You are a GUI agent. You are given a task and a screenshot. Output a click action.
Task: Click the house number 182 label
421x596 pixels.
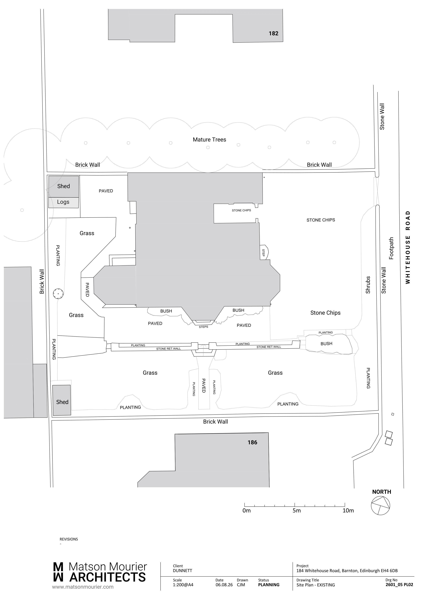click(273, 33)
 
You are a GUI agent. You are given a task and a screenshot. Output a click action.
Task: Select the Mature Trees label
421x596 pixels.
click(209, 140)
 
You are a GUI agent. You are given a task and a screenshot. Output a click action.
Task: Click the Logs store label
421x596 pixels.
click(63, 202)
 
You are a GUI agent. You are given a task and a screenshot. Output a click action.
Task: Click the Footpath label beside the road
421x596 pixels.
click(391, 248)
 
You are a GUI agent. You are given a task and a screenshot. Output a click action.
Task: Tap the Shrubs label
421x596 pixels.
click(368, 285)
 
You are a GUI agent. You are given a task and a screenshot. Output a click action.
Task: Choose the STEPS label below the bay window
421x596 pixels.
click(203, 327)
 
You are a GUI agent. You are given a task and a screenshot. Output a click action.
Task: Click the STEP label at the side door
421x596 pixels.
click(263, 253)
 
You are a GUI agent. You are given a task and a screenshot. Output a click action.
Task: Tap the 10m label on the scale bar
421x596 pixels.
click(348, 511)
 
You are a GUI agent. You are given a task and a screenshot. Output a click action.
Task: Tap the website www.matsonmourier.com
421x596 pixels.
click(83, 587)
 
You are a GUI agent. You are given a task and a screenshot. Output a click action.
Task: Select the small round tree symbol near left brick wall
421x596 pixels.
click(58, 294)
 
